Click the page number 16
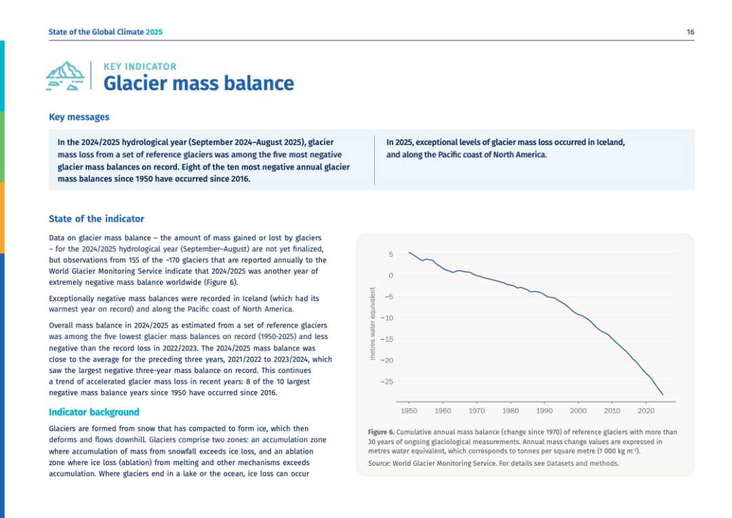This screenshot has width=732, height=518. tap(690, 32)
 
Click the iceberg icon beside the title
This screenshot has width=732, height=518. tap(65, 76)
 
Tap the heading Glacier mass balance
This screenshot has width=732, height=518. tap(199, 83)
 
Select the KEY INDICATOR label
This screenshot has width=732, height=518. tap(140, 66)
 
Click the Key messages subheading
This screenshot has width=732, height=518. tap(79, 117)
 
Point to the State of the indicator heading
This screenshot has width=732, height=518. tap(96, 219)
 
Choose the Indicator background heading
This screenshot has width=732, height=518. tap(94, 412)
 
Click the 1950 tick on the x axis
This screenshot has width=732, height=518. tap(409, 411)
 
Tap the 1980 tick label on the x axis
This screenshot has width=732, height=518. tap(510, 411)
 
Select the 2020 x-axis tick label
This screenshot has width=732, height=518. tap(645, 411)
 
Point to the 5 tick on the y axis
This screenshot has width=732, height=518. tap(390, 254)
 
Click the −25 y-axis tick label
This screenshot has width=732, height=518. tap(387, 382)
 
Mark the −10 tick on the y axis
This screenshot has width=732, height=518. tap(387, 318)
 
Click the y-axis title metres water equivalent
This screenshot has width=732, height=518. tap(372, 323)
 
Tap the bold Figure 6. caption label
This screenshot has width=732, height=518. tap(381, 432)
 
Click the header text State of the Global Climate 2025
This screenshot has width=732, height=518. tap(105, 32)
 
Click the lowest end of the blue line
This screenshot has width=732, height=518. tap(662, 394)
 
